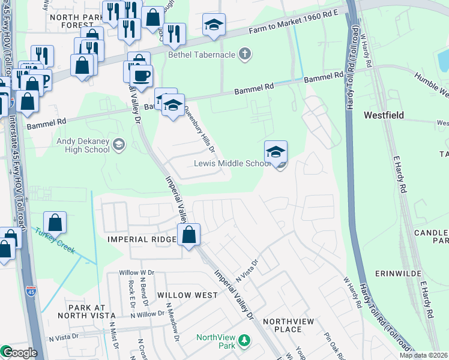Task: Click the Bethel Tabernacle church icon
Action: pyautogui.click(x=244, y=55)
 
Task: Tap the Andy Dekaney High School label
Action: pyautogui.click(x=83, y=143)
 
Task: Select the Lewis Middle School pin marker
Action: pyautogui.click(x=276, y=152)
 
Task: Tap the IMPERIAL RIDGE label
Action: pyautogui.click(x=141, y=239)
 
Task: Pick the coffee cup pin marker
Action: pyautogui.click(x=142, y=76)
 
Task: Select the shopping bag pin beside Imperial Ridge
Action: pyautogui.click(x=189, y=235)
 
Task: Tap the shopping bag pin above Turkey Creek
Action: pyautogui.click(x=55, y=223)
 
